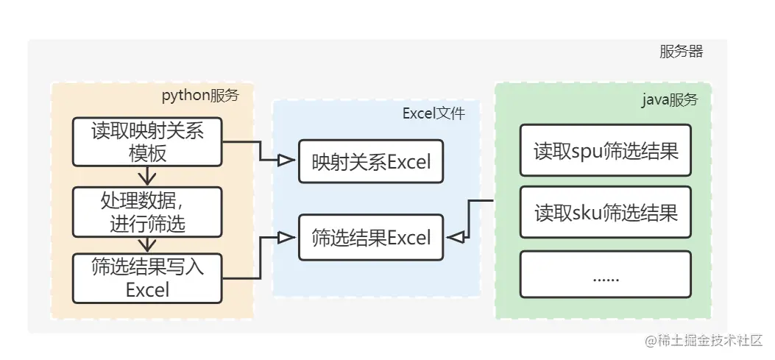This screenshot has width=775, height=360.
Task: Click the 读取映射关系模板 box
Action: [x=147, y=141]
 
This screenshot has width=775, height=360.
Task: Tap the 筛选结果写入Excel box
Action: [x=147, y=278]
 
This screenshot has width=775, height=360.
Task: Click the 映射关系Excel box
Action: [x=371, y=161]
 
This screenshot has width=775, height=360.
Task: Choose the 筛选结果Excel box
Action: [x=371, y=237]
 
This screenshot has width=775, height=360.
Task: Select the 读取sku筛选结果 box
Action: [x=605, y=213]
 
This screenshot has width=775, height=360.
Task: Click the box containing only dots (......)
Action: [x=605, y=276]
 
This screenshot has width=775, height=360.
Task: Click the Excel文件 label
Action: [x=433, y=113]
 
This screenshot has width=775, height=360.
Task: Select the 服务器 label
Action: [x=681, y=52]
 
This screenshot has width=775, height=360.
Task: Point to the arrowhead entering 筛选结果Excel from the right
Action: [x=455, y=237]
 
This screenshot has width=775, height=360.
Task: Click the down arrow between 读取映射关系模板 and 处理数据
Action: [x=147, y=177]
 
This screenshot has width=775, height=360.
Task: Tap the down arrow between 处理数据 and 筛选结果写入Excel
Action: [x=147, y=244]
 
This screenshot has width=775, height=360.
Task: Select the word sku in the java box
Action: [x=586, y=213]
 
